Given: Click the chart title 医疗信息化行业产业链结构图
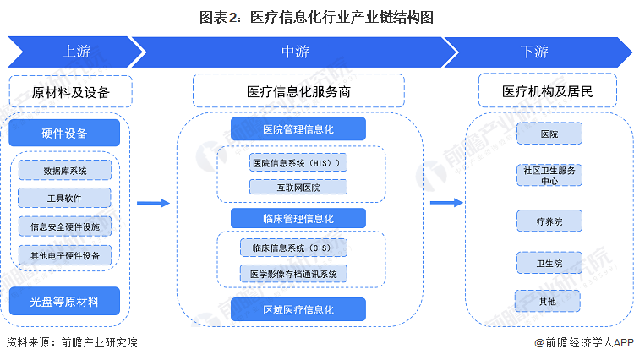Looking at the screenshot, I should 317,17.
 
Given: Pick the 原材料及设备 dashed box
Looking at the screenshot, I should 71,91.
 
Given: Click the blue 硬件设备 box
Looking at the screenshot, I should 65,133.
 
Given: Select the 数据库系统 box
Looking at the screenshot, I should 65,170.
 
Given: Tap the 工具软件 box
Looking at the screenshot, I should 65,198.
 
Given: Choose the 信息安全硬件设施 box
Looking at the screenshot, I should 65,226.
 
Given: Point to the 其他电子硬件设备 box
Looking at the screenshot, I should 65,254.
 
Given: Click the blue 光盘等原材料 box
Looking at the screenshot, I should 65,300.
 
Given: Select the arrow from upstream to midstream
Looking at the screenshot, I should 153,203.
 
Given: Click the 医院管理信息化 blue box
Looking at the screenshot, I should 298,129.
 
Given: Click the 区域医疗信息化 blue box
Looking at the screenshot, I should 298,309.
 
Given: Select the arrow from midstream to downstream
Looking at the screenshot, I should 445,203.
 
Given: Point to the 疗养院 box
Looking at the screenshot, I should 549,221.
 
